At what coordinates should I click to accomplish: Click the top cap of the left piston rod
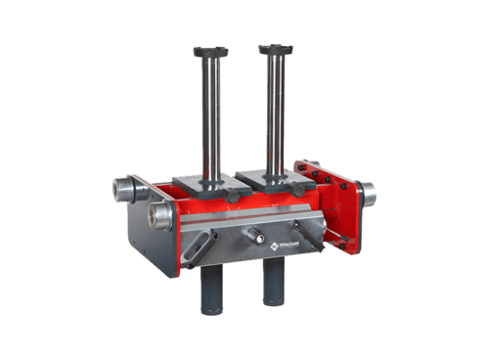(x=210, y=51)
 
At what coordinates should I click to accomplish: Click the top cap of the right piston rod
(x=276, y=48)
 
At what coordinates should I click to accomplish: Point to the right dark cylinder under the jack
(x=274, y=285)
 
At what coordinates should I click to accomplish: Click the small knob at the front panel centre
(x=253, y=234)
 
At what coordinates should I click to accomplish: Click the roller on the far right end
(x=371, y=195)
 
